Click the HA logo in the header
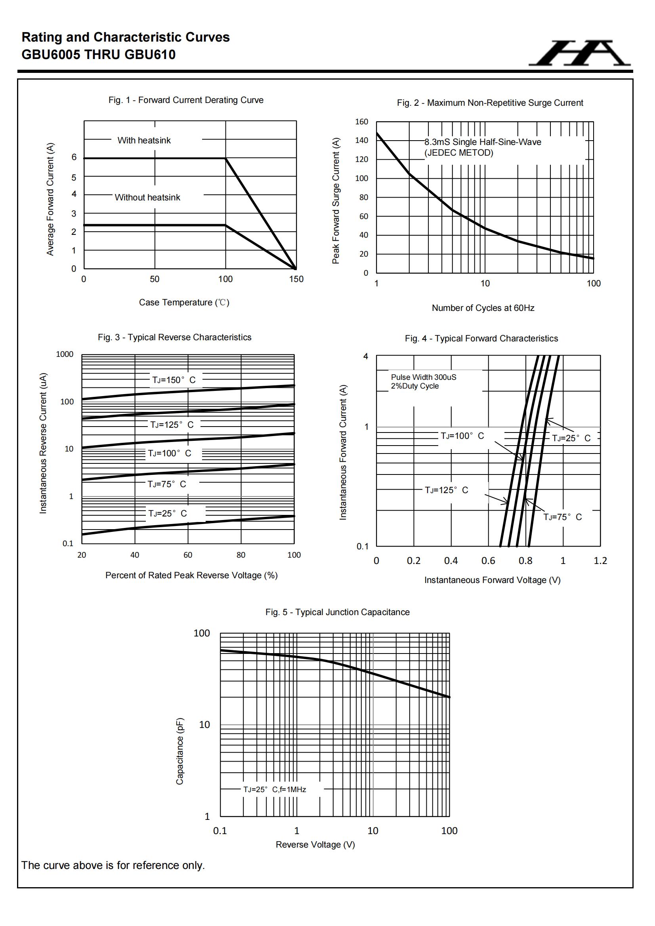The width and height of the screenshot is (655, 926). point(579,53)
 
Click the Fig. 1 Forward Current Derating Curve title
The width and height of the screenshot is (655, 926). point(186,100)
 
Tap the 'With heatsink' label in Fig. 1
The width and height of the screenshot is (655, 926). point(144,140)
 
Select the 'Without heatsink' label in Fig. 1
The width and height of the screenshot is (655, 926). point(147,198)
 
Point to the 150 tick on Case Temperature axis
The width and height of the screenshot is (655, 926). point(296,279)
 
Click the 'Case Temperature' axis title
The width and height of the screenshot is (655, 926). point(184,303)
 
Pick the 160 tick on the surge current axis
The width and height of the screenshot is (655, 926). point(362,122)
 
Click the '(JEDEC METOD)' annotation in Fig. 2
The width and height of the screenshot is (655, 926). point(458,153)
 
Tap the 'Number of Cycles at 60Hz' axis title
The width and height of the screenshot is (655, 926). point(483,308)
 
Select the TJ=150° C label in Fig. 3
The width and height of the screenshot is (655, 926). point(174,380)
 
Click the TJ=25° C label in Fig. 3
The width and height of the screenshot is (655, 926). point(168,513)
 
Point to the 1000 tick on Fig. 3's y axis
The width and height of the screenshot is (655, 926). point(65,354)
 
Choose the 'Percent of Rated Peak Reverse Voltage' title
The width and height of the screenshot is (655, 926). point(191,575)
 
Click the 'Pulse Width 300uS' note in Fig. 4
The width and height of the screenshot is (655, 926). point(423,377)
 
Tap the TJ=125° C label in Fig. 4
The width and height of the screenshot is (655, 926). point(446,490)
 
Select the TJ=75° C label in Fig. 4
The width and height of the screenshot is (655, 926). point(562,517)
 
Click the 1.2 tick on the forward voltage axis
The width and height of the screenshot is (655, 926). point(600,561)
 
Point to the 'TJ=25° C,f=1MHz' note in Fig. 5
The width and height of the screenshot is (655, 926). point(275,790)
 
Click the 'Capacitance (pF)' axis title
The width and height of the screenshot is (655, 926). point(180,751)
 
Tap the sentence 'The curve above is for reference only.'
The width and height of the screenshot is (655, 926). point(113,865)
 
